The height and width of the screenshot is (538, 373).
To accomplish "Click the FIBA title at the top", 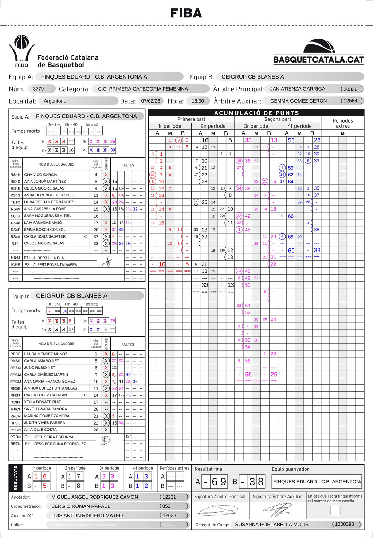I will (186, 13).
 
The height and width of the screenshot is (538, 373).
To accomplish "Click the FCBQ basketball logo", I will (21, 51).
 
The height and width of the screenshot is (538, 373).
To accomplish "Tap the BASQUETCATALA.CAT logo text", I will (319, 60).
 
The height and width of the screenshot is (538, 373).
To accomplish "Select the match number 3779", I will (38, 89).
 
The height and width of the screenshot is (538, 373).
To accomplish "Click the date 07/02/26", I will (151, 101).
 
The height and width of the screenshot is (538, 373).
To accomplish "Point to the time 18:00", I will (198, 101).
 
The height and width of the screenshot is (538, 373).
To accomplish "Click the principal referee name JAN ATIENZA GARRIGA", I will (298, 89).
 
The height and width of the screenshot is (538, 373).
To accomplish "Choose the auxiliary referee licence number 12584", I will (350, 101).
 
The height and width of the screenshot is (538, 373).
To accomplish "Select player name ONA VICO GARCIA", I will (40, 175).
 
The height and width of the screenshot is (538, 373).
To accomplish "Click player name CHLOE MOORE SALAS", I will (44, 243).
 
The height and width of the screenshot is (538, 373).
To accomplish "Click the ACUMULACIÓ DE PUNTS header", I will (256, 113).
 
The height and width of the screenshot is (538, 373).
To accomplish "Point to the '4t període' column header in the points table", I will (299, 126).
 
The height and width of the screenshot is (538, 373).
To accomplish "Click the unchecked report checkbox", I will (335, 510).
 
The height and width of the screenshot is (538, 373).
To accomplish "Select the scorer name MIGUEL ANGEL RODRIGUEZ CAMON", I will (95, 497).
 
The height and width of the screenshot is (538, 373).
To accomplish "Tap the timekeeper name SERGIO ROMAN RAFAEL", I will (81, 506).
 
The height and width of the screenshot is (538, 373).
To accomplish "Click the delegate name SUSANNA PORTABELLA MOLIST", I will (273, 524).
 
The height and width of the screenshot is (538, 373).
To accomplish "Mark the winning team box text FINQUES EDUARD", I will (317, 481).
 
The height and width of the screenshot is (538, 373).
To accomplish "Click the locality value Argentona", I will (55, 101).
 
